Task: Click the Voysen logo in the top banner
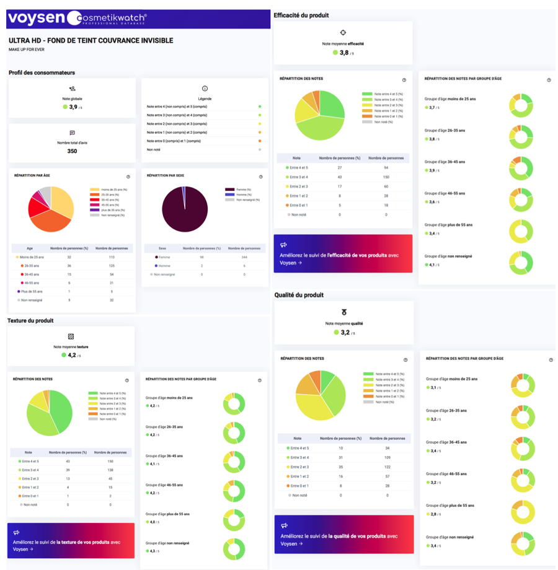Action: pos(36,19)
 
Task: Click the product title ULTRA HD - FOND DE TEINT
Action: pos(91,41)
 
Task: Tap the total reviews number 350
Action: pos(72,151)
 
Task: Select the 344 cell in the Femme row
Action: pos(244,256)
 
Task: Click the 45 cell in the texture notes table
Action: pos(110,478)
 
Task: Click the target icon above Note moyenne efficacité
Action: pos(343,33)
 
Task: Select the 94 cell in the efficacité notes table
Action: pos(386,167)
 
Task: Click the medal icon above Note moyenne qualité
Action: pos(343,312)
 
